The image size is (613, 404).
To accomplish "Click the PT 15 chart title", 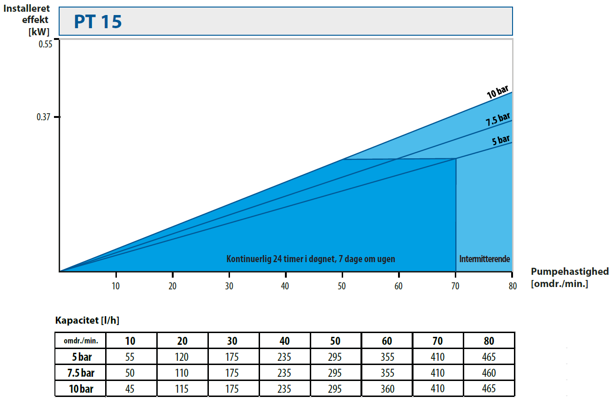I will click(98, 22).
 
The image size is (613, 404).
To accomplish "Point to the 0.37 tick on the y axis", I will click(56, 117).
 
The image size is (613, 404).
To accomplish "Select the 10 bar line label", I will click(498, 91).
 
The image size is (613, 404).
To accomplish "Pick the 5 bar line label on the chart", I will click(500, 140).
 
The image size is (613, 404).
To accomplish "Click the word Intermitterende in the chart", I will click(484, 259).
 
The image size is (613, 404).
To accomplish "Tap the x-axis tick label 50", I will click(342, 286).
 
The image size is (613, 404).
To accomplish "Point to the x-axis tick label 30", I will click(229, 286).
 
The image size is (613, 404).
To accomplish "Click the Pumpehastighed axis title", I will click(569, 272).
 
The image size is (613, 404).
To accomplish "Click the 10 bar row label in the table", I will click(80, 388).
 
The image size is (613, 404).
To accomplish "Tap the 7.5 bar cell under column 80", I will click(489, 373).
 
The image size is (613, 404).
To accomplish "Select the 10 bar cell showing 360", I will click(386, 388).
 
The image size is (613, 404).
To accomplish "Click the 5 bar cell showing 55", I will click(130, 357).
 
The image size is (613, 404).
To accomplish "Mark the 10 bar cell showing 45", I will click(130, 388).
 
